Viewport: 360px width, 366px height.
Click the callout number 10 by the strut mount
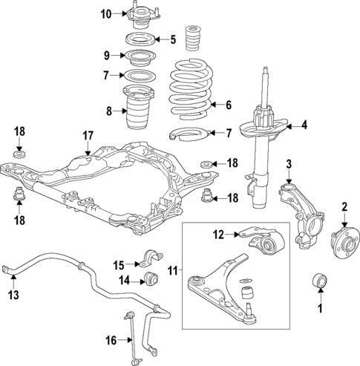click(106, 13)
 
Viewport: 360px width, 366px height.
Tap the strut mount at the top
click(137, 15)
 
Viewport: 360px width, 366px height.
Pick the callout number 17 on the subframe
click(88, 136)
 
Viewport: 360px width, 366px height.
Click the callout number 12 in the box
click(217, 235)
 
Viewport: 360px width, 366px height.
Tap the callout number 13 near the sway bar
click(13, 295)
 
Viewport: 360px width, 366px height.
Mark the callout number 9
click(106, 56)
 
